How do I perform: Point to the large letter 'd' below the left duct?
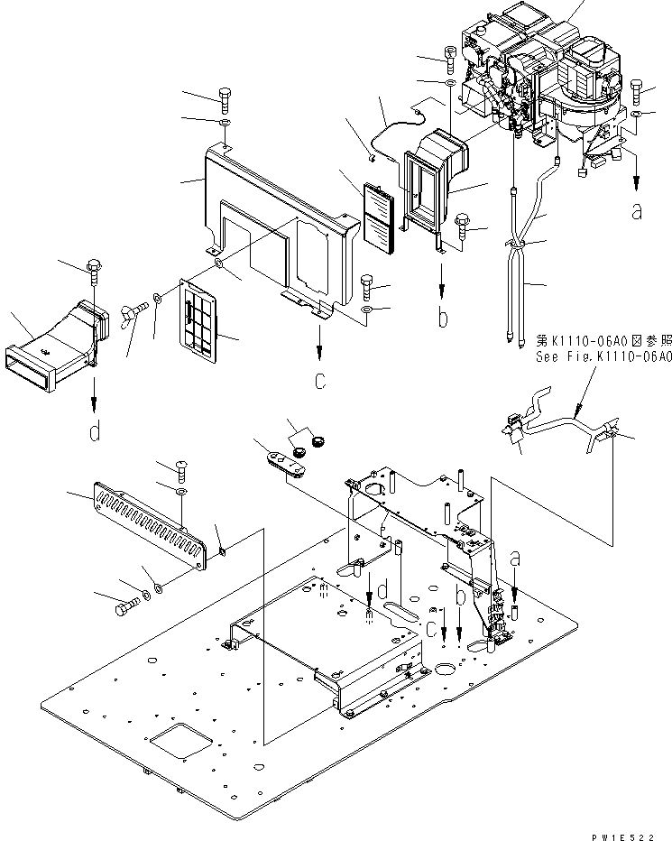tap(95, 433)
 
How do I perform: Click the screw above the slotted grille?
tap(179, 467)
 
